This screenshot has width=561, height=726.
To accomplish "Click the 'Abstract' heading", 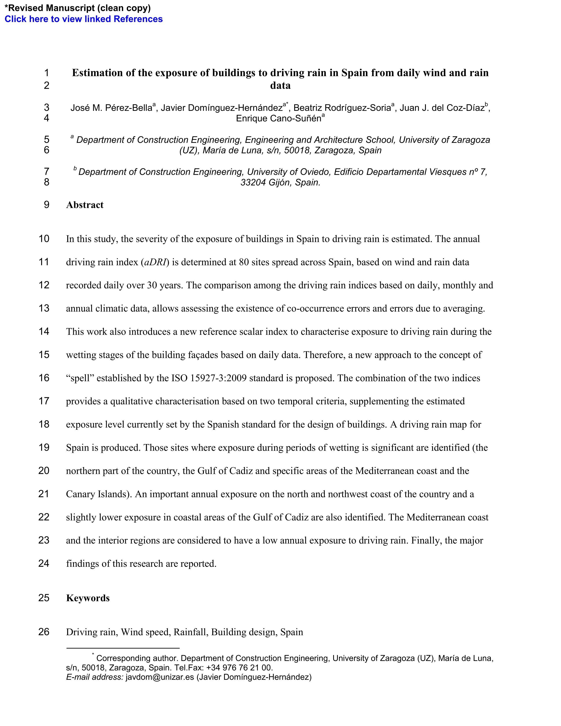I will click(x=85, y=205).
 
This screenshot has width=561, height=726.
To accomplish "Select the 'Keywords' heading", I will click(x=88, y=598).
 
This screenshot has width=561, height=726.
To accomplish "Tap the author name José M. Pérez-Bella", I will click(x=111, y=108).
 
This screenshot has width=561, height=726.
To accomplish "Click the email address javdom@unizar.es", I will click(x=159, y=677).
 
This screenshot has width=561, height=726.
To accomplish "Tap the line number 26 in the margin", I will click(x=44, y=632).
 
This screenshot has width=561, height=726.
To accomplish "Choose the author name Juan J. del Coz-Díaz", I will click(x=442, y=108).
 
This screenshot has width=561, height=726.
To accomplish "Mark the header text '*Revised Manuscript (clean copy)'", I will click(x=77, y=8).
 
